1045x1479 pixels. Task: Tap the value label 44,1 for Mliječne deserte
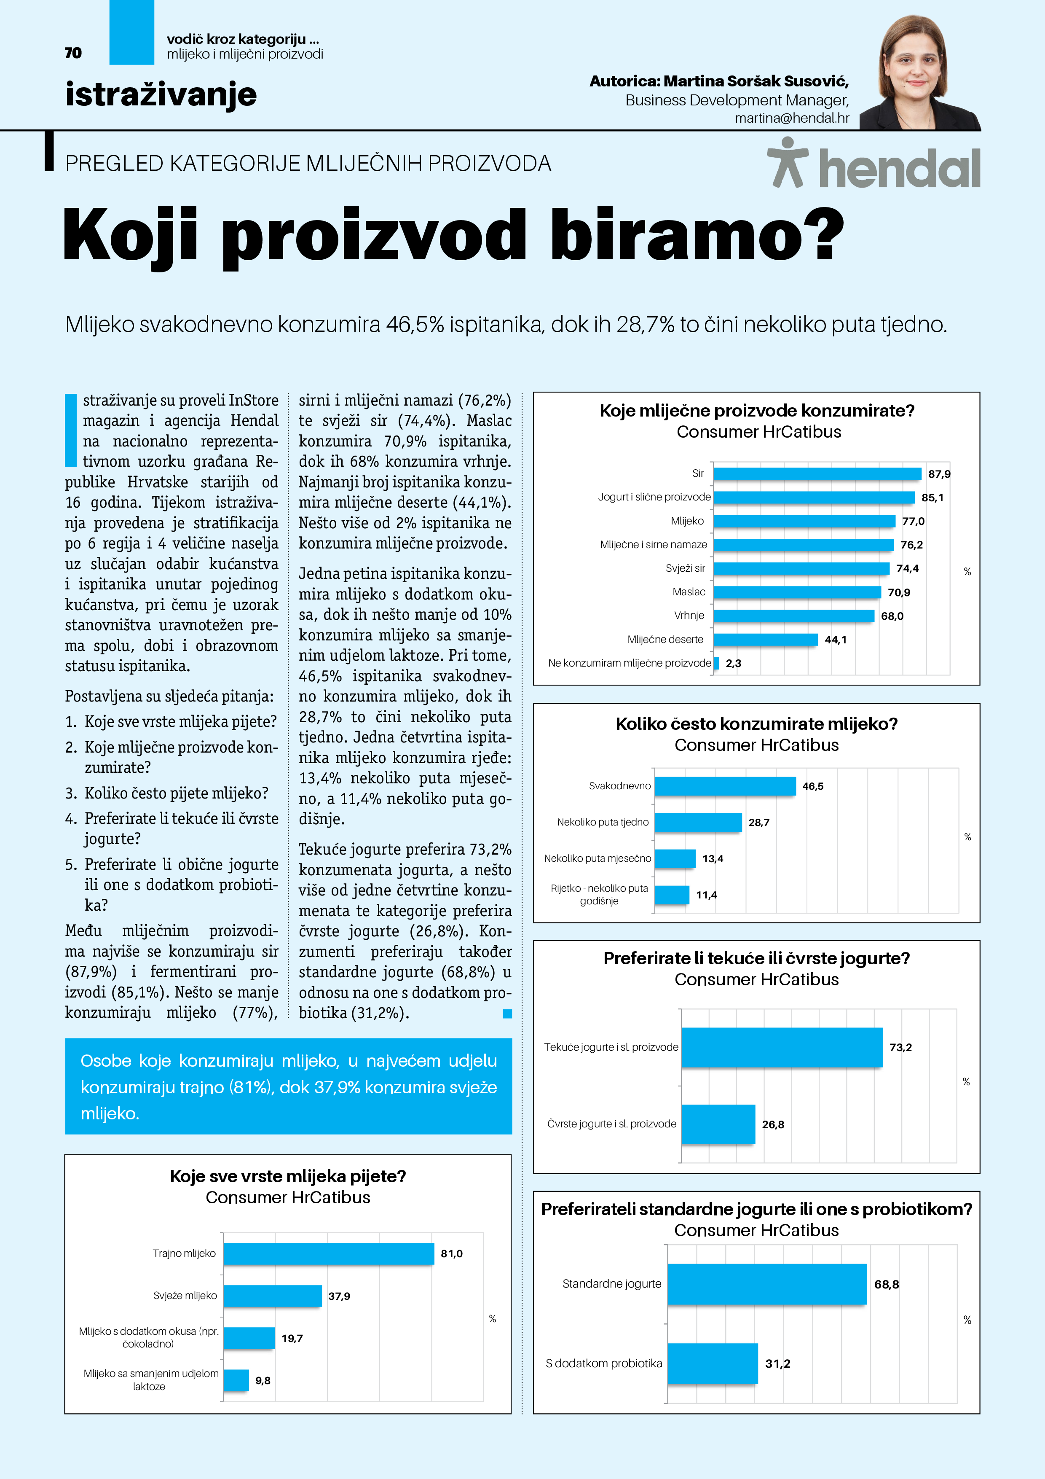[x=835, y=640]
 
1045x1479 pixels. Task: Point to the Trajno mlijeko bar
[x=328, y=1253]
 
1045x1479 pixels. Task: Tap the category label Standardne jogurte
[x=612, y=1284]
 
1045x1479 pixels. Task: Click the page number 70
[x=73, y=53]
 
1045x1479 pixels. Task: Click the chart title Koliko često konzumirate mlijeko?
[x=756, y=724]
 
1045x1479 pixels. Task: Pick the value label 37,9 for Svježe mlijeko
[x=339, y=1296]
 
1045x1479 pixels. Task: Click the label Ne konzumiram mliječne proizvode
[x=629, y=663]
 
